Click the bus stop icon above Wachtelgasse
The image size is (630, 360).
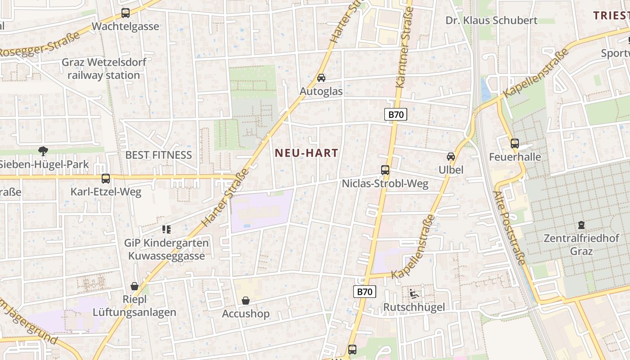[126, 13]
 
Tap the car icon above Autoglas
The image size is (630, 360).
[321, 78]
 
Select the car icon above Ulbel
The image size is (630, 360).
[451, 157]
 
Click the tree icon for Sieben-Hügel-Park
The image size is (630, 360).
[43, 151]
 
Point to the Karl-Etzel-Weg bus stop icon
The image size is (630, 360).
[106, 179]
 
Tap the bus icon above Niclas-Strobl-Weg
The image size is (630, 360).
[385, 170]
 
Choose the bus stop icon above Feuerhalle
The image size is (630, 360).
[515, 144]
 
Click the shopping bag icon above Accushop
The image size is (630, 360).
[246, 300]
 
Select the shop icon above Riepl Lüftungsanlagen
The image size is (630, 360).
[134, 286]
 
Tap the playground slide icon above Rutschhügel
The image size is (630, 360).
[414, 294]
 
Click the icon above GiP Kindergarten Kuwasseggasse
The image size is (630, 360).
[166, 229]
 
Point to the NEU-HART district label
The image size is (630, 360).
[306, 153]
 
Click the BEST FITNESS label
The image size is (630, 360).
[158, 155]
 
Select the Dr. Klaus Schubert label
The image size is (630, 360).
[491, 20]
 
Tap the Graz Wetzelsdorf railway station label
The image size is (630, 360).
[104, 68]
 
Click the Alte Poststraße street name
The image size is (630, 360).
[509, 228]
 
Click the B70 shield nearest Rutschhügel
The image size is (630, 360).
[364, 292]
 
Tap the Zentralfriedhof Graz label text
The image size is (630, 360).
[581, 244]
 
